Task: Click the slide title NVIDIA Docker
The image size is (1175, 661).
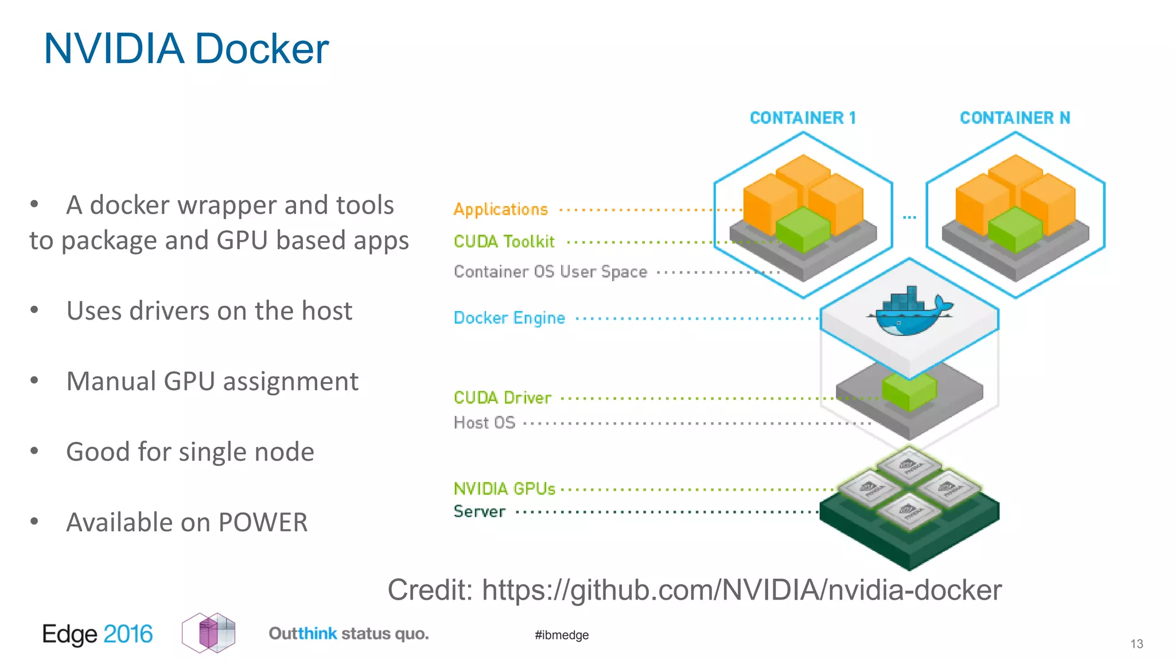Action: coord(186,49)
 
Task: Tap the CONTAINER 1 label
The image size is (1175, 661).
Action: coord(803,118)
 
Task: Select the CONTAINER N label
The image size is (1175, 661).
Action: coord(1014,118)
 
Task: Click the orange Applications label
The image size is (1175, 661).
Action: coord(500,209)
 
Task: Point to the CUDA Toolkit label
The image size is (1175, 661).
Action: coord(504,242)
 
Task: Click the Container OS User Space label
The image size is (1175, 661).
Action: coord(550,271)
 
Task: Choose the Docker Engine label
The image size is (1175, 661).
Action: coord(509,318)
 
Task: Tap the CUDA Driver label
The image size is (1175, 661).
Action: coord(502,398)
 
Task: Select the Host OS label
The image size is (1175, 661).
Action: coord(484,423)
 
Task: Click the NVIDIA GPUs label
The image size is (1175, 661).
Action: coord(504,489)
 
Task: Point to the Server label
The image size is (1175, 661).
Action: coord(479,511)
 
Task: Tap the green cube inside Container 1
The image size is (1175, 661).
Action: coord(803,230)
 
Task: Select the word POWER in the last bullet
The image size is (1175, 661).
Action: coord(263,523)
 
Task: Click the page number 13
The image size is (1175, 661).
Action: coord(1137,644)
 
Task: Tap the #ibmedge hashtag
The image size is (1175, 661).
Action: coord(561,635)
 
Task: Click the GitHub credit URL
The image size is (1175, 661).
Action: coord(741,590)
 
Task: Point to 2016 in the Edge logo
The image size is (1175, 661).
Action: coord(128,634)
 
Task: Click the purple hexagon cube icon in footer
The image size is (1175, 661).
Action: coord(209,633)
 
